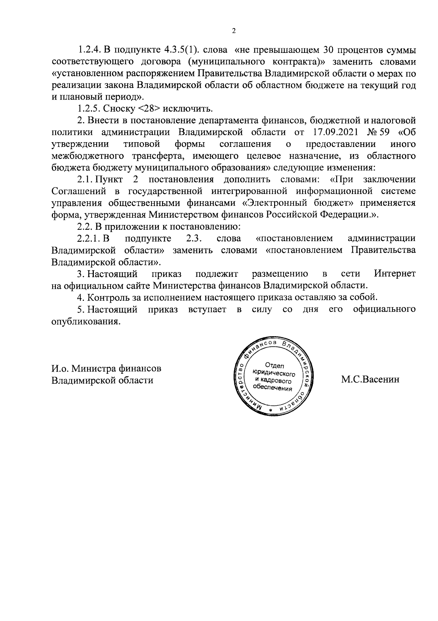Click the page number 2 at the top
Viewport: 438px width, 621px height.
(x=234, y=31)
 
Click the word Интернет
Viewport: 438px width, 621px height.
(x=395, y=274)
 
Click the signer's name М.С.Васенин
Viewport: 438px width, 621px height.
(x=370, y=380)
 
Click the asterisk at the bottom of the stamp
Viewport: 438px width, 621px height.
(x=270, y=411)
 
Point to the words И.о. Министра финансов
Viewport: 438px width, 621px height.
(x=106, y=369)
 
